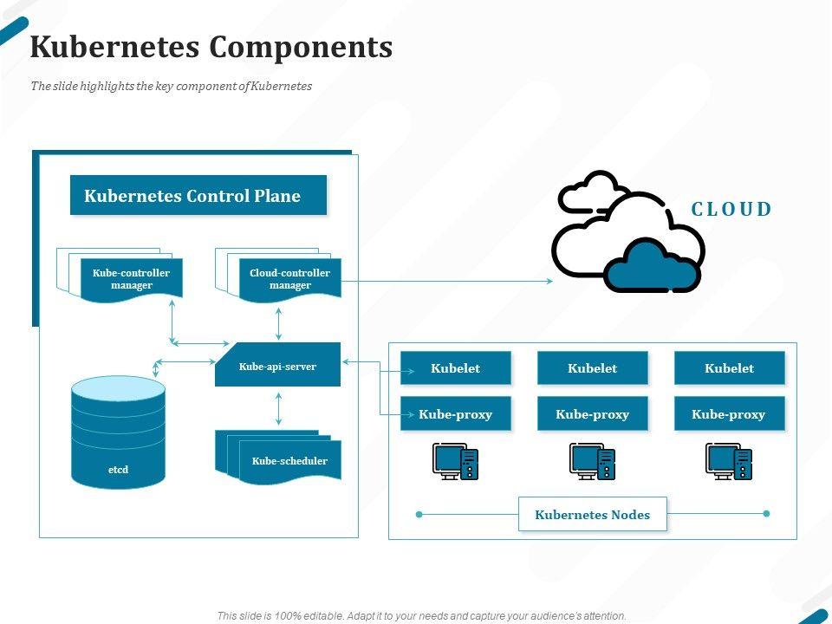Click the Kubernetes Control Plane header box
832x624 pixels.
[x=198, y=195]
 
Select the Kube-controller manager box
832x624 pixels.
[x=132, y=279]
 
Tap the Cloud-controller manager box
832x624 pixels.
[x=289, y=279]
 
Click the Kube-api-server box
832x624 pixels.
[x=277, y=366]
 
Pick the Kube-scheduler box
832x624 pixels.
[x=289, y=460]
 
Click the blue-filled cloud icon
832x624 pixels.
[x=652, y=267]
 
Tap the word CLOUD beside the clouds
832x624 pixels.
[x=731, y=209]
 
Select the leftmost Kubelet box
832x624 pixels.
[x=455, y=368]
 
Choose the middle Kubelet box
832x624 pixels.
[x=593, y=368]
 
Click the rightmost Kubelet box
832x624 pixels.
[x=729, y=368]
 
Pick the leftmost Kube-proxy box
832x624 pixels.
[x=455, y=414]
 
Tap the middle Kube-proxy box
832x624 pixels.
[x=593, y=414]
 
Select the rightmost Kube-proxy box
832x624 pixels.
[x=729, y=414]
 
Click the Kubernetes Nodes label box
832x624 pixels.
[x=593, y=515]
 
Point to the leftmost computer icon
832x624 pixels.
[x=455, y=461]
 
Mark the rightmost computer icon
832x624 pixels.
[x=729, y=461]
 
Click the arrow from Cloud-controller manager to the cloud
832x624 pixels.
[x=446, y=281]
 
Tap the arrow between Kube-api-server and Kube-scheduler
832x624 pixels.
[x=278, y=408]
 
